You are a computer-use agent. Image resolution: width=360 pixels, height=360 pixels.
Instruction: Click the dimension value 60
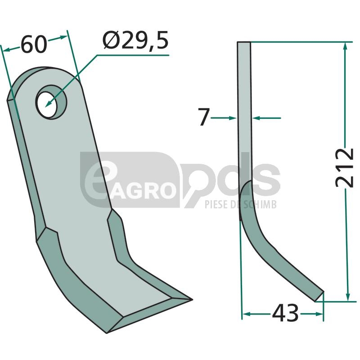point(34,44)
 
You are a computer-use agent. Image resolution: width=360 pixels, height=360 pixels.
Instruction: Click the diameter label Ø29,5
point(135,40)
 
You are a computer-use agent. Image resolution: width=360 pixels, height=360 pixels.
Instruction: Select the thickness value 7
point(204,117)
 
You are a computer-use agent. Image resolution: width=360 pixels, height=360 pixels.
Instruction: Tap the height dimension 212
point(344,167)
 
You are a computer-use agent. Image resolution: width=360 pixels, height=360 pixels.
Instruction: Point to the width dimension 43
point(285,313)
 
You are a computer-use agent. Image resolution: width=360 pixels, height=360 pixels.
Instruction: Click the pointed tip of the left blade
point(192,299)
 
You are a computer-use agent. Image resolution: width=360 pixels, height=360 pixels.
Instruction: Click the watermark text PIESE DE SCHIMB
point(240,204)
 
